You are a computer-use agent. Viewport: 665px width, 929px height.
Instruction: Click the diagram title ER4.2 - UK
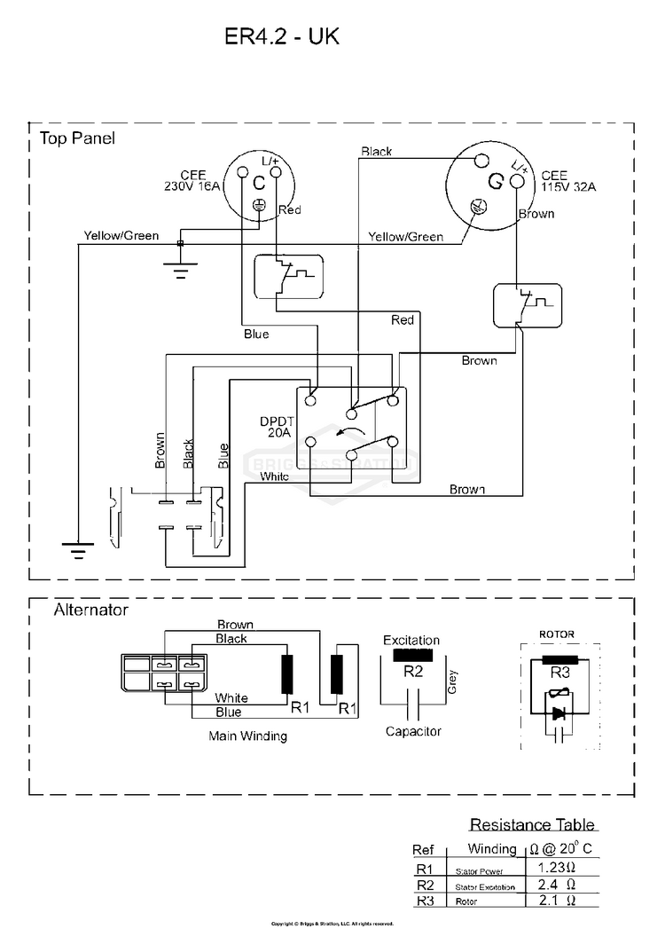283,37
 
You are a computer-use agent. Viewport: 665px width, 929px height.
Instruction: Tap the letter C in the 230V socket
259,184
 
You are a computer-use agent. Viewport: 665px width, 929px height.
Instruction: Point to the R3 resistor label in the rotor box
559,673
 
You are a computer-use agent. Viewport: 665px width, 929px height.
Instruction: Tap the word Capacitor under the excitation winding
413,731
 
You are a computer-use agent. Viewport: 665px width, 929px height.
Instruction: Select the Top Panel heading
77,139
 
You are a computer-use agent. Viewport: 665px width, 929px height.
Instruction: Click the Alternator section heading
91,610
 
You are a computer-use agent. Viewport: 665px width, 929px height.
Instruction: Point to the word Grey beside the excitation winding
452,681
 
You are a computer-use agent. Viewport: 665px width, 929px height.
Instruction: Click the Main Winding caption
247,736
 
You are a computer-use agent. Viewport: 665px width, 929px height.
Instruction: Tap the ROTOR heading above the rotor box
557,634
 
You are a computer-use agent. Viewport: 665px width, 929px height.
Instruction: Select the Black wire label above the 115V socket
377,152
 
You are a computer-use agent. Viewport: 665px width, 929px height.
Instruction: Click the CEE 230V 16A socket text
192,181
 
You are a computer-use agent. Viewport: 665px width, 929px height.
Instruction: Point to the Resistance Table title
532,825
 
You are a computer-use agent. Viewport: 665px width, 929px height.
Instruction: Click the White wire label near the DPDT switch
274,476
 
